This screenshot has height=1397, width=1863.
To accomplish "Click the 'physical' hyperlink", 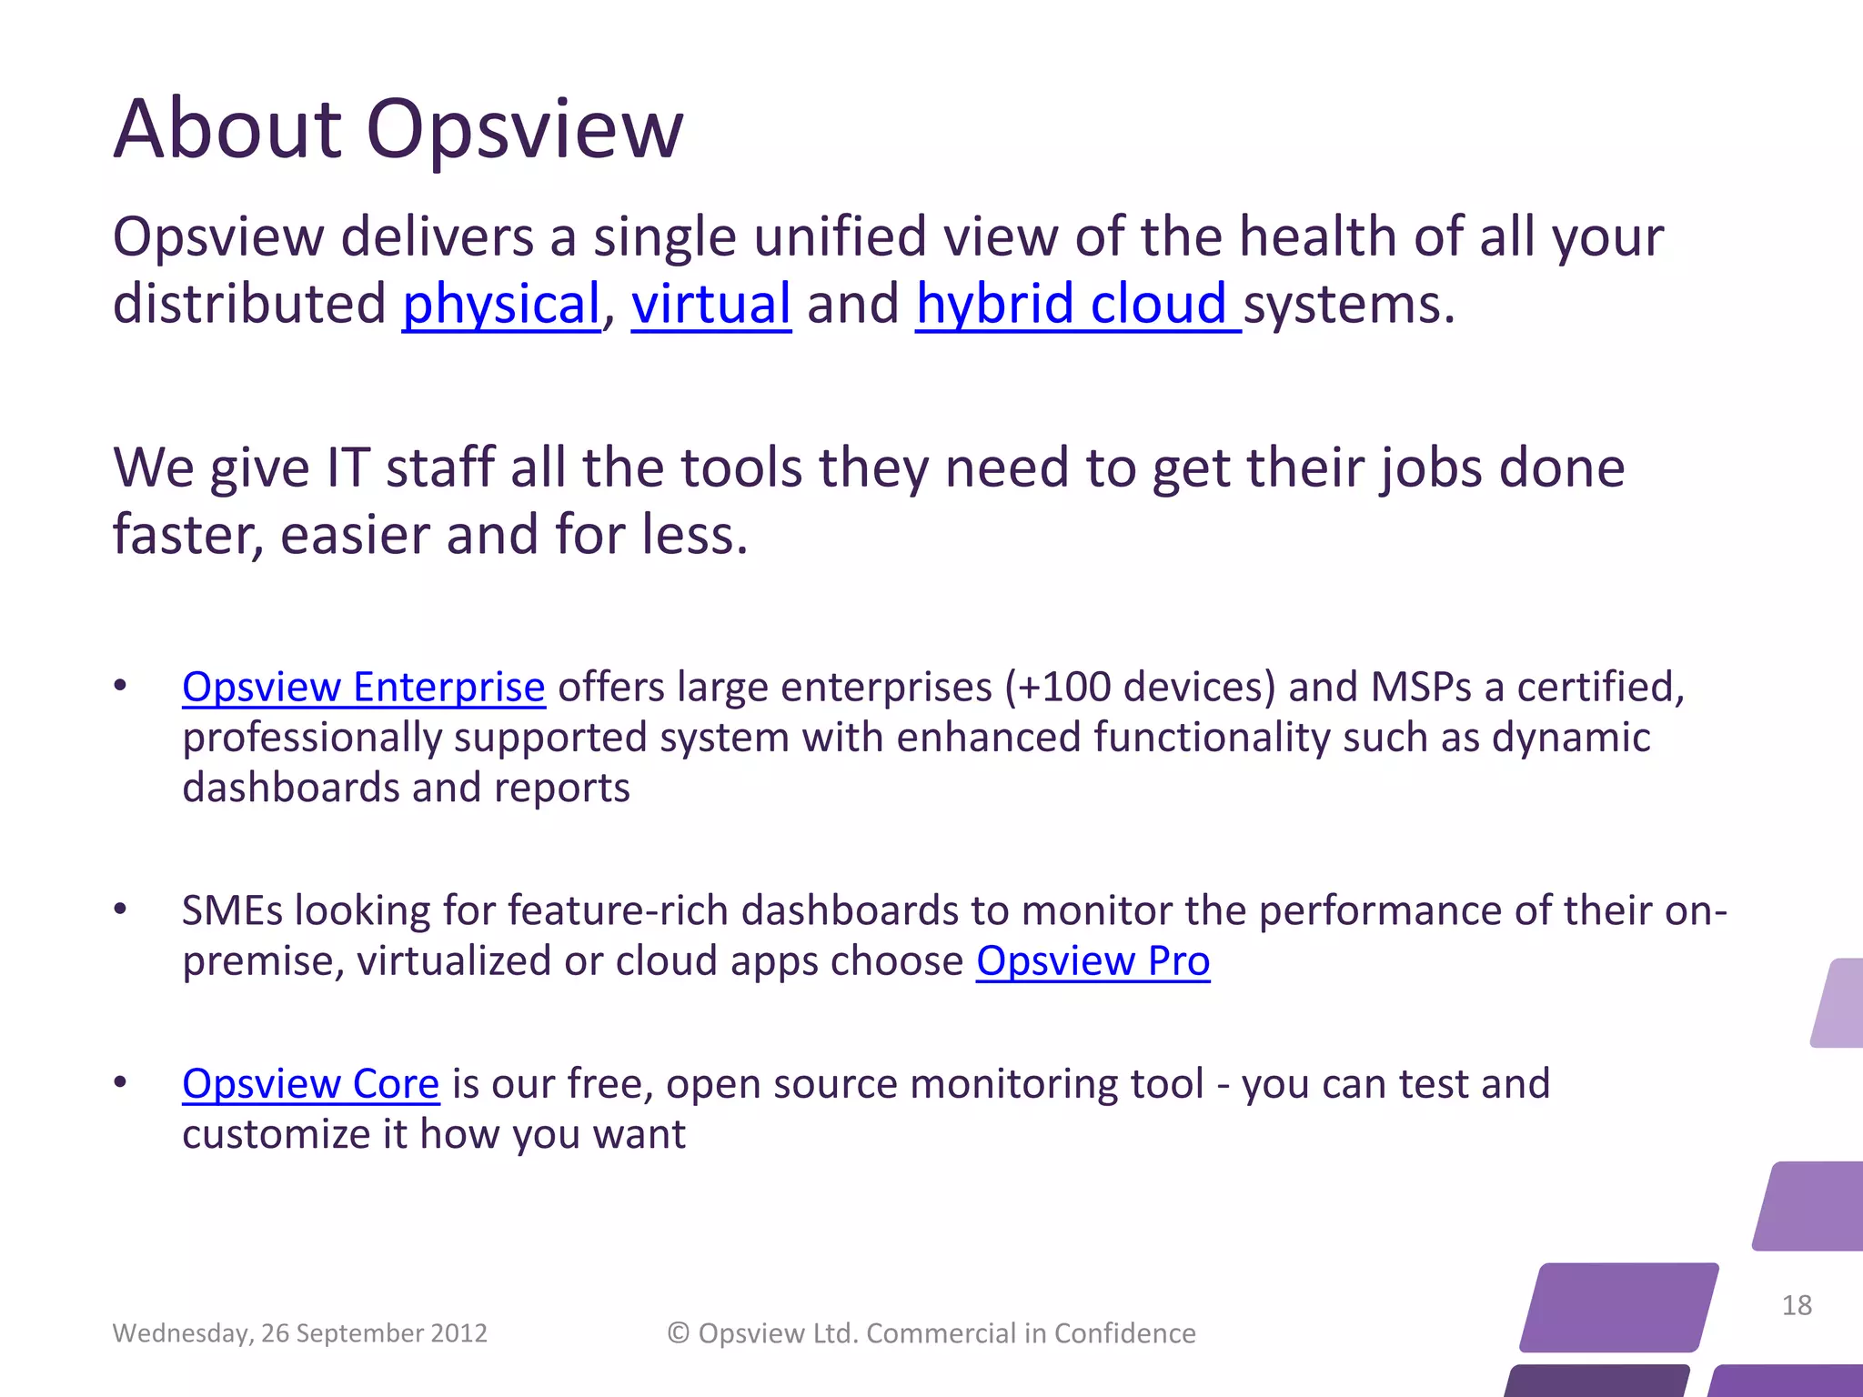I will (501, 304).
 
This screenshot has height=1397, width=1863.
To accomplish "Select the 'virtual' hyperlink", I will (710, 304).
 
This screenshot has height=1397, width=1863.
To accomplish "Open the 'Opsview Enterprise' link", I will (363, 687).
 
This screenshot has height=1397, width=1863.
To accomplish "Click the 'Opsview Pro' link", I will (1093, 961).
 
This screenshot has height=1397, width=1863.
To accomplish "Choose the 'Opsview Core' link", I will (310, 1084).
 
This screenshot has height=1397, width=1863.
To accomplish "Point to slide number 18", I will (1797, 1305).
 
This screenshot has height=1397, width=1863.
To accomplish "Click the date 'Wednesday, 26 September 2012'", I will (299, 1333).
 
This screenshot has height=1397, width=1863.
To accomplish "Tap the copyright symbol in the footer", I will (679, 1333).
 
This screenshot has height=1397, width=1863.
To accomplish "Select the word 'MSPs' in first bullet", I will (1420, 687).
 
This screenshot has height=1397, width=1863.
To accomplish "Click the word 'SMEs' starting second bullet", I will (232, 911).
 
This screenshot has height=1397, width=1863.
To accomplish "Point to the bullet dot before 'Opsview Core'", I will (120, 1082).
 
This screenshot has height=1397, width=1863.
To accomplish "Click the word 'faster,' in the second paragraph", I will (188, 535).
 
